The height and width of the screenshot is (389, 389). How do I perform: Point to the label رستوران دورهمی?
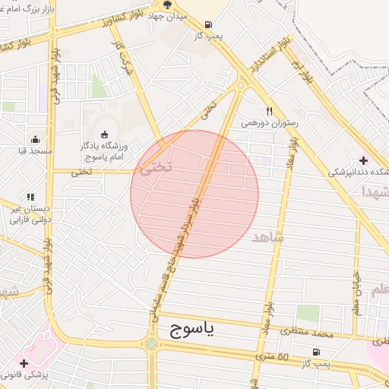tap(270, 122)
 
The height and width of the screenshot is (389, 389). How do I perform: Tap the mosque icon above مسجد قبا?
tap(35, 139)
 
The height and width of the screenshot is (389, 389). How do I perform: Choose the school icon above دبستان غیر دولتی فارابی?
tap(30, 197)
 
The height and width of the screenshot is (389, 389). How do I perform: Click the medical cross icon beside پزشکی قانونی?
tap(24, 363)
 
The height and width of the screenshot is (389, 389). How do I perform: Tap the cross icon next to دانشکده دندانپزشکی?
tap(363, 160)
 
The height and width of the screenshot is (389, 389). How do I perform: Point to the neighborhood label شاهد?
tap(267, 237)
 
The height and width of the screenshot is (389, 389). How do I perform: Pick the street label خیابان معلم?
tap(355, 293)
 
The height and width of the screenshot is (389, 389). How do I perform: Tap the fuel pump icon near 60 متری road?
tap(315, 352)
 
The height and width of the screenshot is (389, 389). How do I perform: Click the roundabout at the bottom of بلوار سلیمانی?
tap(153, 344)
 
